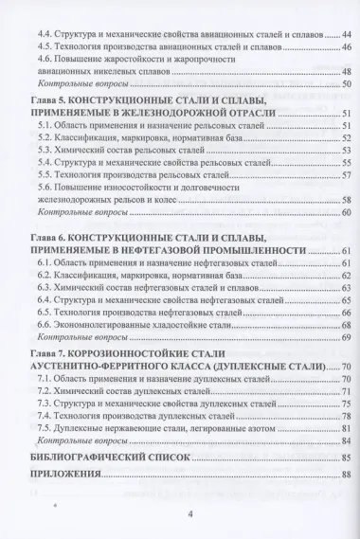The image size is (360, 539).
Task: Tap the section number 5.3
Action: pos(60,150)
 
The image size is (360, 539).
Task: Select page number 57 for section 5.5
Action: pos(347,174)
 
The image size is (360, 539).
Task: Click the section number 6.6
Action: pos(60,323)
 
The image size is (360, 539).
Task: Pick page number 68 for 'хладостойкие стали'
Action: pos(347,323)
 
